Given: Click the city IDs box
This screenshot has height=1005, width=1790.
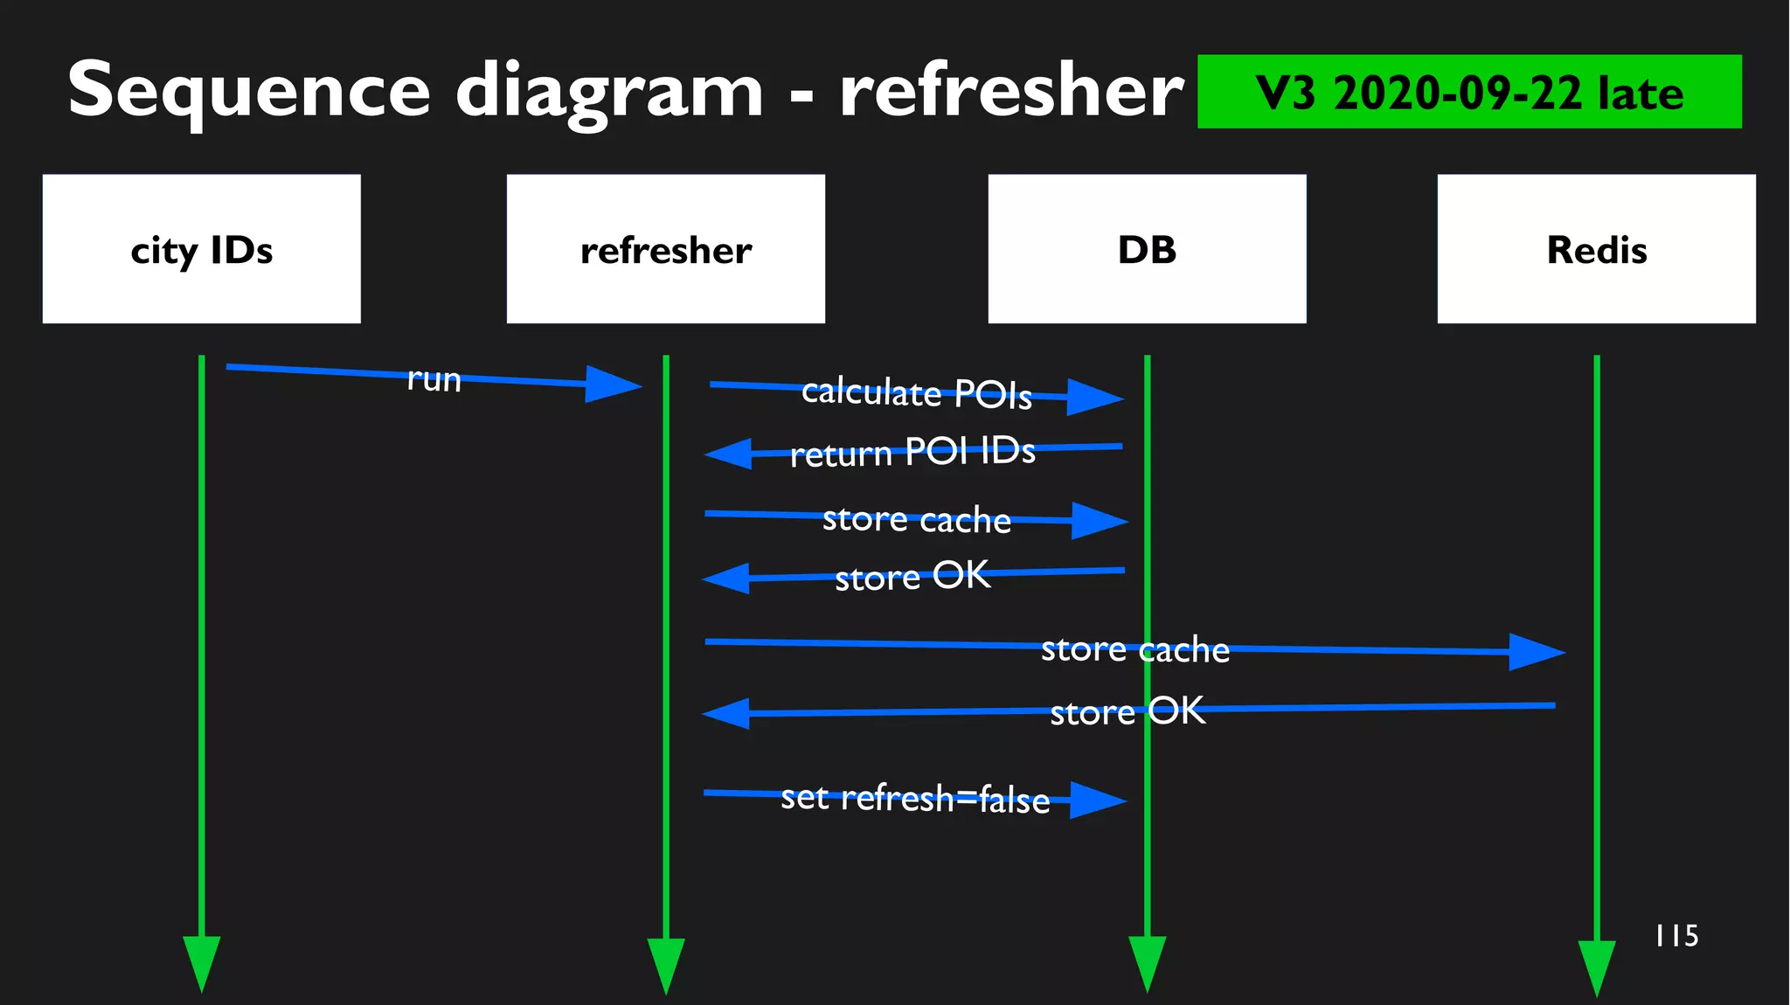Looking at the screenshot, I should click(x=201, y=249).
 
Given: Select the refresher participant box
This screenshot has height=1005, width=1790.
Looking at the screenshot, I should click(x=665, y=249).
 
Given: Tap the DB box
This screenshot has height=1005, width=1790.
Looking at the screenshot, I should click(x=1147, y=249).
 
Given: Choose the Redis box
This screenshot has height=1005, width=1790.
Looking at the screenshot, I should click(x=1596, y=249).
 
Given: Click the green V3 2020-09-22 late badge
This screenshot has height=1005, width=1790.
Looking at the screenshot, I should click(x=1468, y=92).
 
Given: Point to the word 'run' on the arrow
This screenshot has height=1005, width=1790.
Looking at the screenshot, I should click(x=434, y=379).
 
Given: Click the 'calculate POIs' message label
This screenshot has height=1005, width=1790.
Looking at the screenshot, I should click(x=916, y=392).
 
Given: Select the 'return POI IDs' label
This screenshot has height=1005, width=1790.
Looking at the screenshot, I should click(x=912, y=452).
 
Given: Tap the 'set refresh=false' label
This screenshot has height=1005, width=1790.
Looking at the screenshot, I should click(x=914, y=798).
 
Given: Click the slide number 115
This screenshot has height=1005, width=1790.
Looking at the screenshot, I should click(x=1676, y=936).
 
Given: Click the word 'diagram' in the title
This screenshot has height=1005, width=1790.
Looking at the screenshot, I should click(x=609, y=92).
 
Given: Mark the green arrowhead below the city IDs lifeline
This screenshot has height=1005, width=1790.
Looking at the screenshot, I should click(x=201, y=961).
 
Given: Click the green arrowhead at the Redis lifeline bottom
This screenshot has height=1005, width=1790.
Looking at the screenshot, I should click(x=1596, y=966).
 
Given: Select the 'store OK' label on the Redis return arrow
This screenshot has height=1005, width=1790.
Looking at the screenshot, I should click(x=1127, y=711).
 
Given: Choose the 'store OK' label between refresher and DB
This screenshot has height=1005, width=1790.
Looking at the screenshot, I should click(x=912, y=576).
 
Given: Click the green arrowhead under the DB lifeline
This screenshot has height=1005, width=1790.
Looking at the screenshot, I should click(x=1147, y=961).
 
